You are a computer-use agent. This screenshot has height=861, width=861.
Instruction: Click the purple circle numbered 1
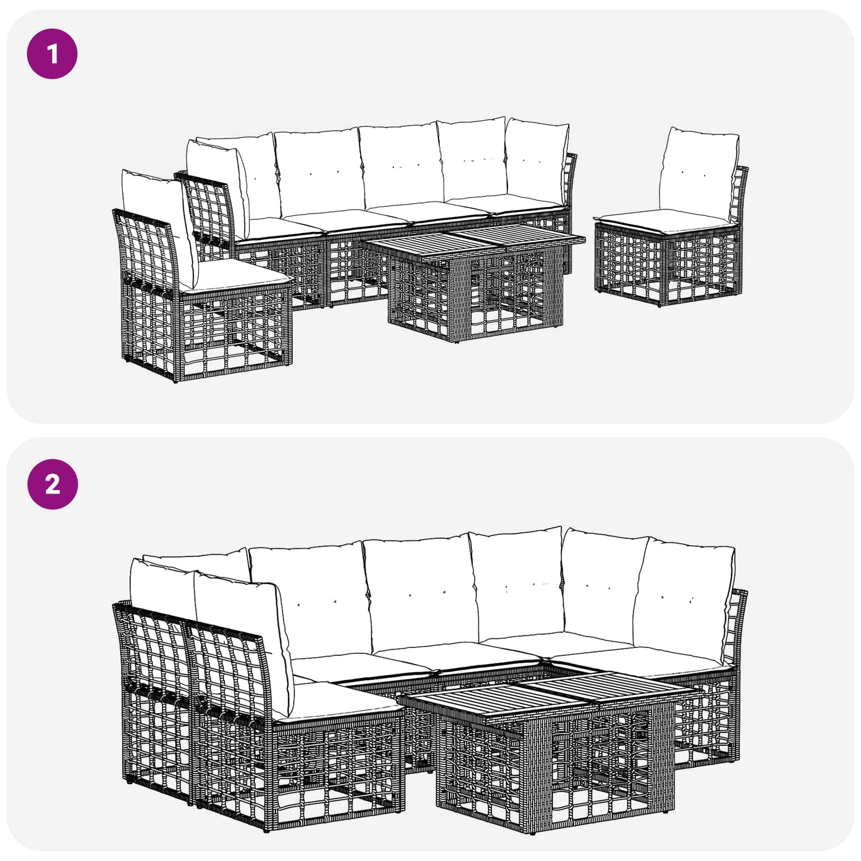52,53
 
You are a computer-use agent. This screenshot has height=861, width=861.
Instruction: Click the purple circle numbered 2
52,484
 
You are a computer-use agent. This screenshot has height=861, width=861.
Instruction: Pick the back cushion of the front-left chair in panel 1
158,224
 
